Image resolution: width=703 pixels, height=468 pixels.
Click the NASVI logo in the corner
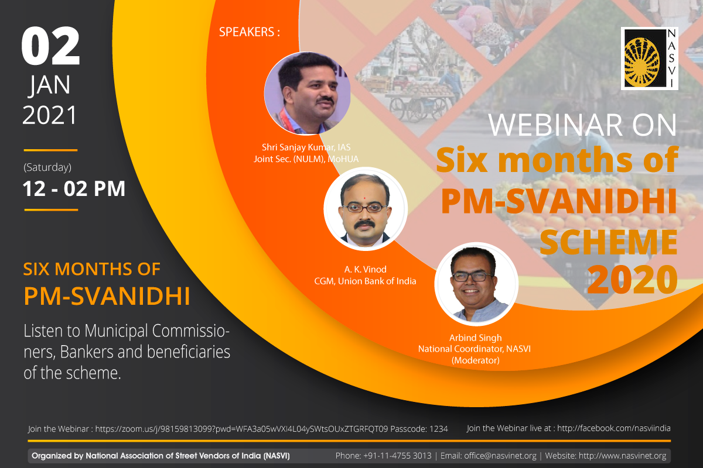click(649, 58)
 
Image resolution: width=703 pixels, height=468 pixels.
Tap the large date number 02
click(50, 46)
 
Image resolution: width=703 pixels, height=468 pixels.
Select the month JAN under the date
click(50, 85)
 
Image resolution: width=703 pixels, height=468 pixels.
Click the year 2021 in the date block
click(50, 115)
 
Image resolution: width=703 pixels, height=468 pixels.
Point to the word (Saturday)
click(47, 167)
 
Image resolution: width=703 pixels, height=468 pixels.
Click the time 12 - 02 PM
click(74, 189)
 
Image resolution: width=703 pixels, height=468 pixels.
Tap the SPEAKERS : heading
click(250, 32)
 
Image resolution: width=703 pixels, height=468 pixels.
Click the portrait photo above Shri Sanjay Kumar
click(307, 93)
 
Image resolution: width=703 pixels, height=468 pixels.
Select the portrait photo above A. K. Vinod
click(366, 209)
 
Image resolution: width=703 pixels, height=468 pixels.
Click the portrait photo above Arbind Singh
click(476, 284)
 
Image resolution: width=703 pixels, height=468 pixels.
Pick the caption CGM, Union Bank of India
click(365, 281)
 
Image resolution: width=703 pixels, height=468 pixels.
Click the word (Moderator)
click(476, 360)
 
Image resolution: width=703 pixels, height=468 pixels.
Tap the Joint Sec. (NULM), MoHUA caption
click(306, 159)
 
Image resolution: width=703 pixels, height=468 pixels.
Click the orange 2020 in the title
click(632, 279)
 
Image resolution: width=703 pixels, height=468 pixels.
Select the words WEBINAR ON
click(582, 125)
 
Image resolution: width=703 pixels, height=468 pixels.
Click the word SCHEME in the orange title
click(608, 242)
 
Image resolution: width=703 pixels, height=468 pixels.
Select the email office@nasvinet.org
click(500, 456)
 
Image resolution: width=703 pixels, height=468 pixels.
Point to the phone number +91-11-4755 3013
click(397, 456)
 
